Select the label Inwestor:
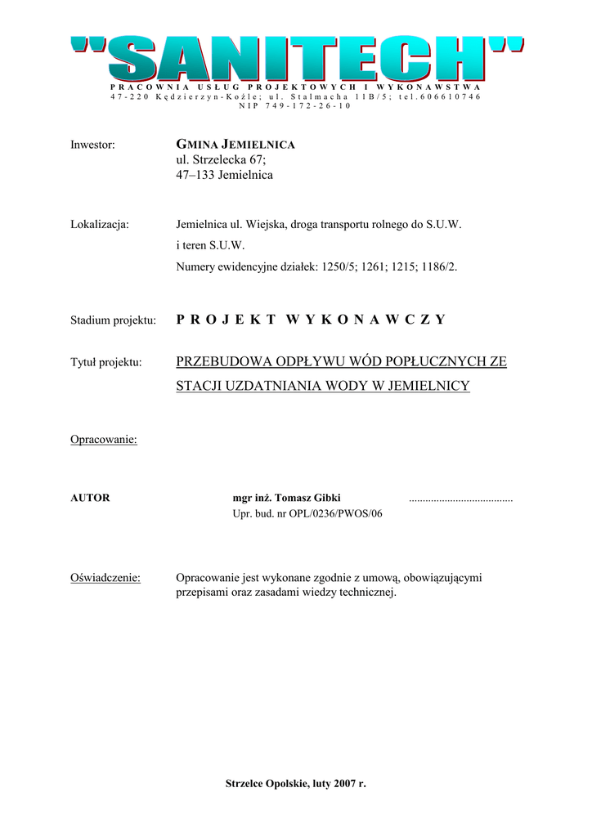tap(92, 145)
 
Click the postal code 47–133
tap(194, 175)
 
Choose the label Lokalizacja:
tap(100, 224)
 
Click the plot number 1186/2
tap(439, 266)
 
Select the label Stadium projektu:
tap(113, 320)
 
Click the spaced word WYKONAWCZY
tap(366, 320)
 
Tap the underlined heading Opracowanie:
tap(104, 440)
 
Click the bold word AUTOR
tap(90, 498)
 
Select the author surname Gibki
tap(325, 498)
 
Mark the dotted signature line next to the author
tap(460, 499)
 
